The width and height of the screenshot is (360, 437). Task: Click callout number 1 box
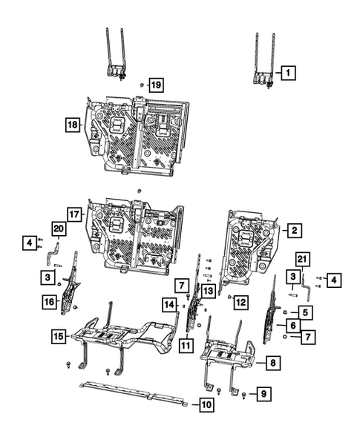(288, 73)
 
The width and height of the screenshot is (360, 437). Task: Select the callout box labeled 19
(155, 85)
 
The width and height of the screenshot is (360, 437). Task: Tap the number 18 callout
(73, 126)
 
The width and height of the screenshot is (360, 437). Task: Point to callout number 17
(73, 214)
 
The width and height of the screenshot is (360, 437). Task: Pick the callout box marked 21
(301, 258)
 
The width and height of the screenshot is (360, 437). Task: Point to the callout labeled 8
(273, 362)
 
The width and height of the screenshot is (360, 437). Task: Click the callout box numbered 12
(240, 300)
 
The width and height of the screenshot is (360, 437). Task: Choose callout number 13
(208, 292)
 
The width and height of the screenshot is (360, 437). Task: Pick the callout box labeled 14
(168, 304)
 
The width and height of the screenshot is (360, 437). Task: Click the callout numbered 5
(306, 312)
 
